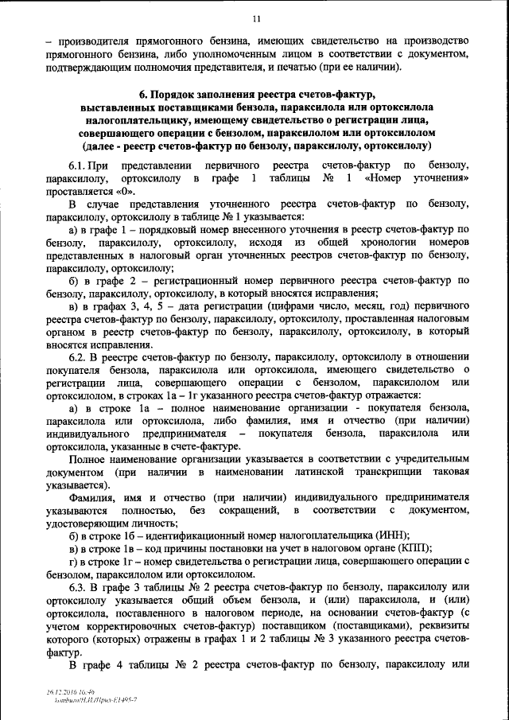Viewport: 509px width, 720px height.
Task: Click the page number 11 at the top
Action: point(255,18)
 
